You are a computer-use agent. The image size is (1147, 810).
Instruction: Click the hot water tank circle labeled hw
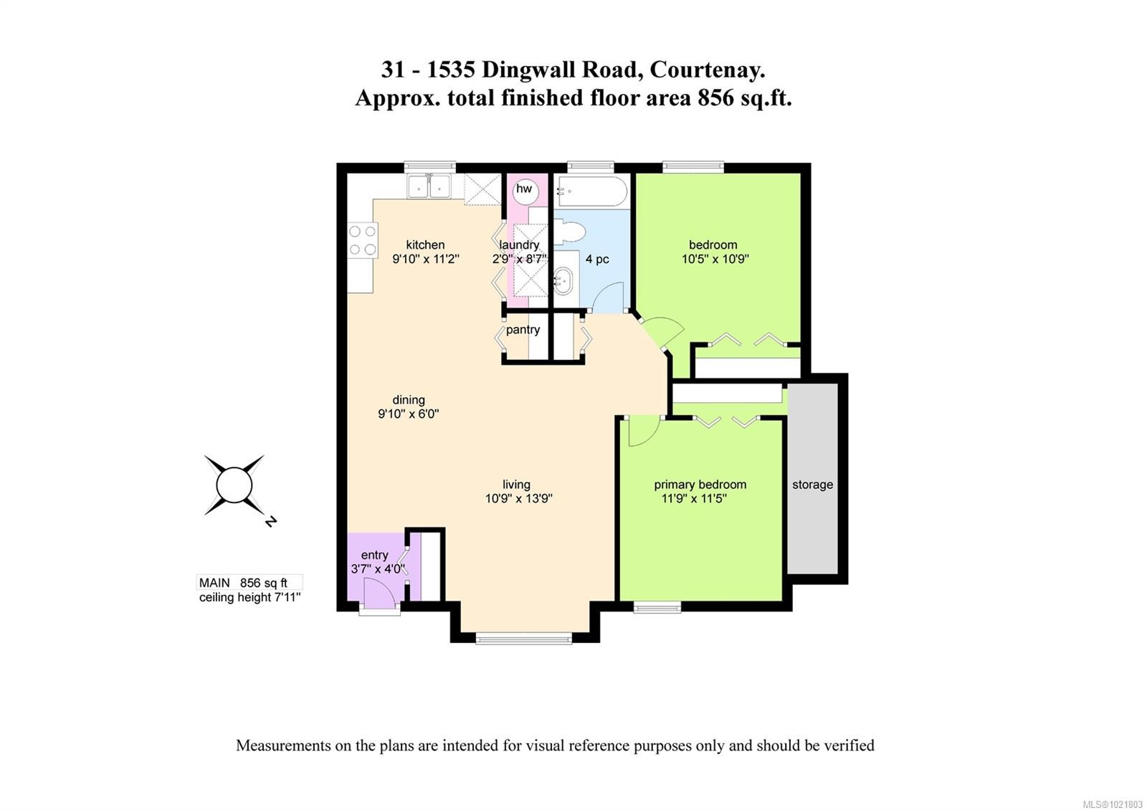[x=524, y=189]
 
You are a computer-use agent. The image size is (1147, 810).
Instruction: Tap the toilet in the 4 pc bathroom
[x=571, y=232]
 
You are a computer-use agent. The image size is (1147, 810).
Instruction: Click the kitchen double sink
[x=429, y=187]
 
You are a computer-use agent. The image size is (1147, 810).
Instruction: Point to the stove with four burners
[x=363, y=240]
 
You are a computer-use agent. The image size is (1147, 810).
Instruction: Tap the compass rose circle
[x=234, y=485]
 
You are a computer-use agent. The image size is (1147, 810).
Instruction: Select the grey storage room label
[x=812, y=485]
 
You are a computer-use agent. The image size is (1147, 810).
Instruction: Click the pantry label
[x=523, y=330]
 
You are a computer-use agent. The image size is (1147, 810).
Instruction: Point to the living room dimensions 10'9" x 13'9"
[x=518, y=499]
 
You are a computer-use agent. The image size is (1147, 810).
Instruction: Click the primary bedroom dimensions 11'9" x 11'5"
[x=694, y=499]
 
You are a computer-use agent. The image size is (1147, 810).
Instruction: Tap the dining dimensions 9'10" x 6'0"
[x=408, y=414]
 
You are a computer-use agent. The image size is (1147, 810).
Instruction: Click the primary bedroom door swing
[x=642, y=432]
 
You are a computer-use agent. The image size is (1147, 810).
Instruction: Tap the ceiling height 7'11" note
[x=249, y=597]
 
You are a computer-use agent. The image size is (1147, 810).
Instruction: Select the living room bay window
[x=524, y=637]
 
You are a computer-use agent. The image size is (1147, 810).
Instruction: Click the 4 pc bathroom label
[x=597, y=259]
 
